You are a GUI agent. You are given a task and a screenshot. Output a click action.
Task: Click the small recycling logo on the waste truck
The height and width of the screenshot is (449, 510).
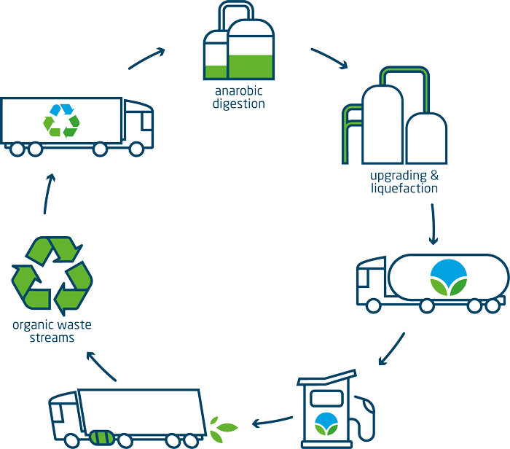pos(61,120)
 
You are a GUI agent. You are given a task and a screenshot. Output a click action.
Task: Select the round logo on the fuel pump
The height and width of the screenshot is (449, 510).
pos(326,423)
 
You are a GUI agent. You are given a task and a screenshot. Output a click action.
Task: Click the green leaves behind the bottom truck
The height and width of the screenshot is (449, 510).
pos(222,426)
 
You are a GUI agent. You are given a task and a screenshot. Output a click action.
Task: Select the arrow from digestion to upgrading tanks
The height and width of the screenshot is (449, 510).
pos(329,59)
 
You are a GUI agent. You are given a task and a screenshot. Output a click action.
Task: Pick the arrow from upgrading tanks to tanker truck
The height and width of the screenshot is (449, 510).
pos(433,224)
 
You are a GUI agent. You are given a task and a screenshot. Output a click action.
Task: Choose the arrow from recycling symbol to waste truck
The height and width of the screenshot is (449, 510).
pos(47,192)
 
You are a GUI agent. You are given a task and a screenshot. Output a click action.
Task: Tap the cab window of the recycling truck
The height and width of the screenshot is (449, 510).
pos(138,117)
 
